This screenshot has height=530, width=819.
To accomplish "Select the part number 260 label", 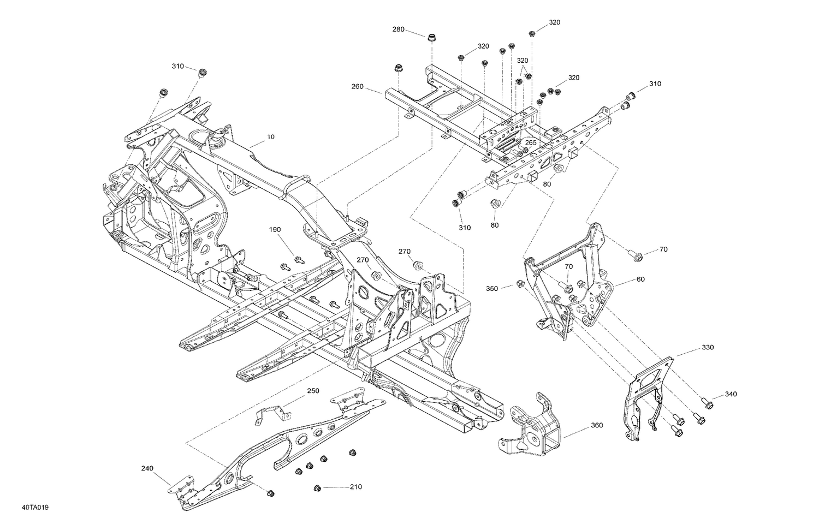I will click(x=357, y=86).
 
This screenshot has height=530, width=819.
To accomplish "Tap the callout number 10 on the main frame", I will click(x=271, y=138).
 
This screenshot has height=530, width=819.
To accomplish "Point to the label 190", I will click(x=274, y=230).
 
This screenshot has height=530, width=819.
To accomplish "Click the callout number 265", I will click(x=530, y=142).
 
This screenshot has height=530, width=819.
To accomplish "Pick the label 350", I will click(x=492, y=288).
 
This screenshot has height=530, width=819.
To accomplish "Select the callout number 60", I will click(x=640, y=279).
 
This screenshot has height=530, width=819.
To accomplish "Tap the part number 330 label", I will click(x=708, y=347).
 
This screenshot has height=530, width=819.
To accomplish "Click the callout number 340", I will click(x=731, y=394).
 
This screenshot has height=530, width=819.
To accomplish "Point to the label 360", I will click(x=597, y=425).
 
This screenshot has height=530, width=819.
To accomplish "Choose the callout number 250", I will click(x=313, y=391).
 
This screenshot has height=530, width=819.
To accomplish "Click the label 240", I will click(x=147, y=468).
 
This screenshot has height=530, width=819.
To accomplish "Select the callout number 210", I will click(x=355, y=487).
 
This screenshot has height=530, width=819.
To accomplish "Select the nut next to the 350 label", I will click(x=520, y=283).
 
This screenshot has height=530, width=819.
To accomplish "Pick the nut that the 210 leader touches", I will click(x=317, y=487).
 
